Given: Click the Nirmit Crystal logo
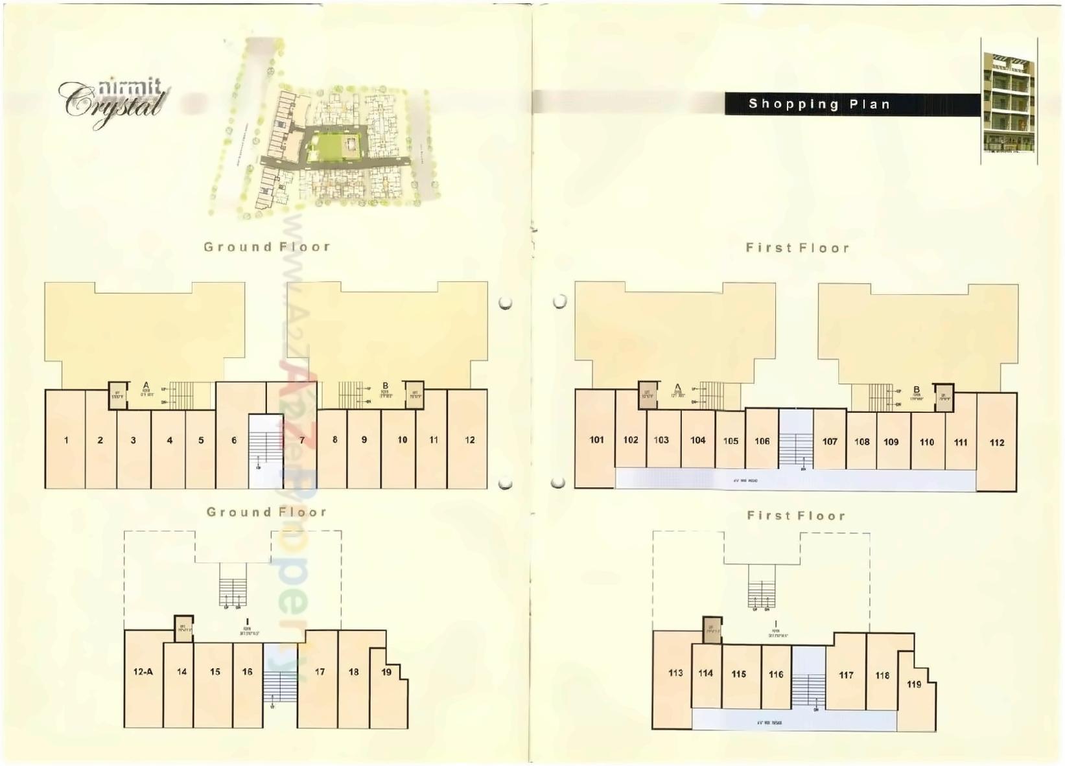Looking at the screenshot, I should (113, 102).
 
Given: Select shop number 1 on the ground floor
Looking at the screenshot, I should (65, 440).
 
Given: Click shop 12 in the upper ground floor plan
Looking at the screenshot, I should (469, 439).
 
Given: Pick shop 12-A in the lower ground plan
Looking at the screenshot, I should (143, 672).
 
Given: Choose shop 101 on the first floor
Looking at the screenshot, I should (596, 439).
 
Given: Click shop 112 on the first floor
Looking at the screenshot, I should (996, 443).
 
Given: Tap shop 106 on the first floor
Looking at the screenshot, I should (762, 441).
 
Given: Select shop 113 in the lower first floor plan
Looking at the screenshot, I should (675, 673).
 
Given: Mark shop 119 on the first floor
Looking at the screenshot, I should (914, 684).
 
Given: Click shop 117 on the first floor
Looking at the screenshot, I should (846, 675).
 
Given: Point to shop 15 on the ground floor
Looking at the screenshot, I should (215, 672).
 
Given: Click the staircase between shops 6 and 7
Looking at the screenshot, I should (266, 450).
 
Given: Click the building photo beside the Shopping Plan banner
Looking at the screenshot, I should (1008, 102).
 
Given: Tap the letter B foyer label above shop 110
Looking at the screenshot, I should (917, 389).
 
